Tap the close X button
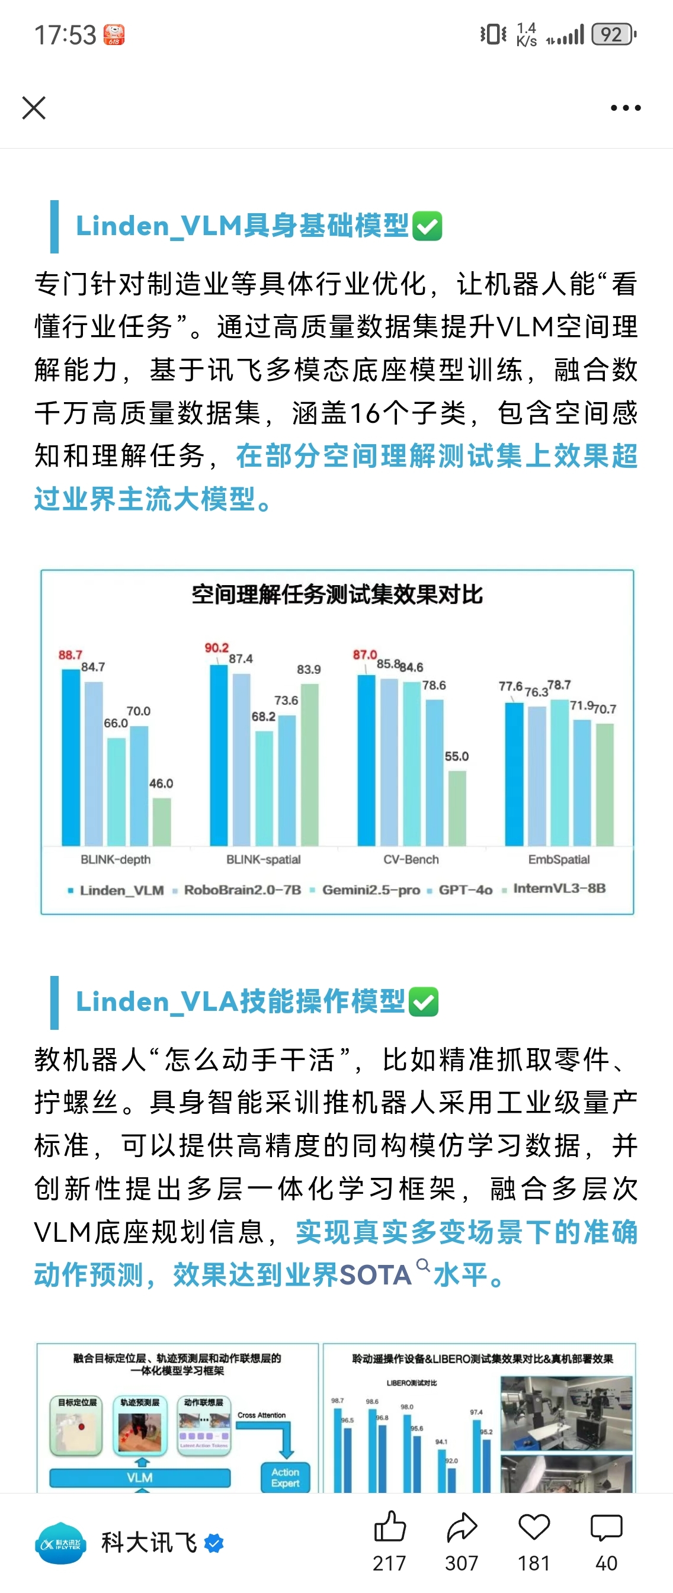point(34,108)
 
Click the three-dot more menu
point(626,108)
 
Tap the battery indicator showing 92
point(613,34)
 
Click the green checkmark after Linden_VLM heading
point(427,226)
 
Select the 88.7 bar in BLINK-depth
point(71,757)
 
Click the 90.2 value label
point(216,647)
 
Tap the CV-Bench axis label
point(411,860)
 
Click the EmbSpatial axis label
point(559,860)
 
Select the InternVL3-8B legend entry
point(559,889)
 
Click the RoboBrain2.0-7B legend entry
point(242,890)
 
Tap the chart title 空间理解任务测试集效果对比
point(337,595)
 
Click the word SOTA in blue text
point(376,1275)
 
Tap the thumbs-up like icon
point(390,1527)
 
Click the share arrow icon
point(462,1527)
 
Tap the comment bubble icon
point(606,1527)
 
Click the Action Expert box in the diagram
point(285,1478)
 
